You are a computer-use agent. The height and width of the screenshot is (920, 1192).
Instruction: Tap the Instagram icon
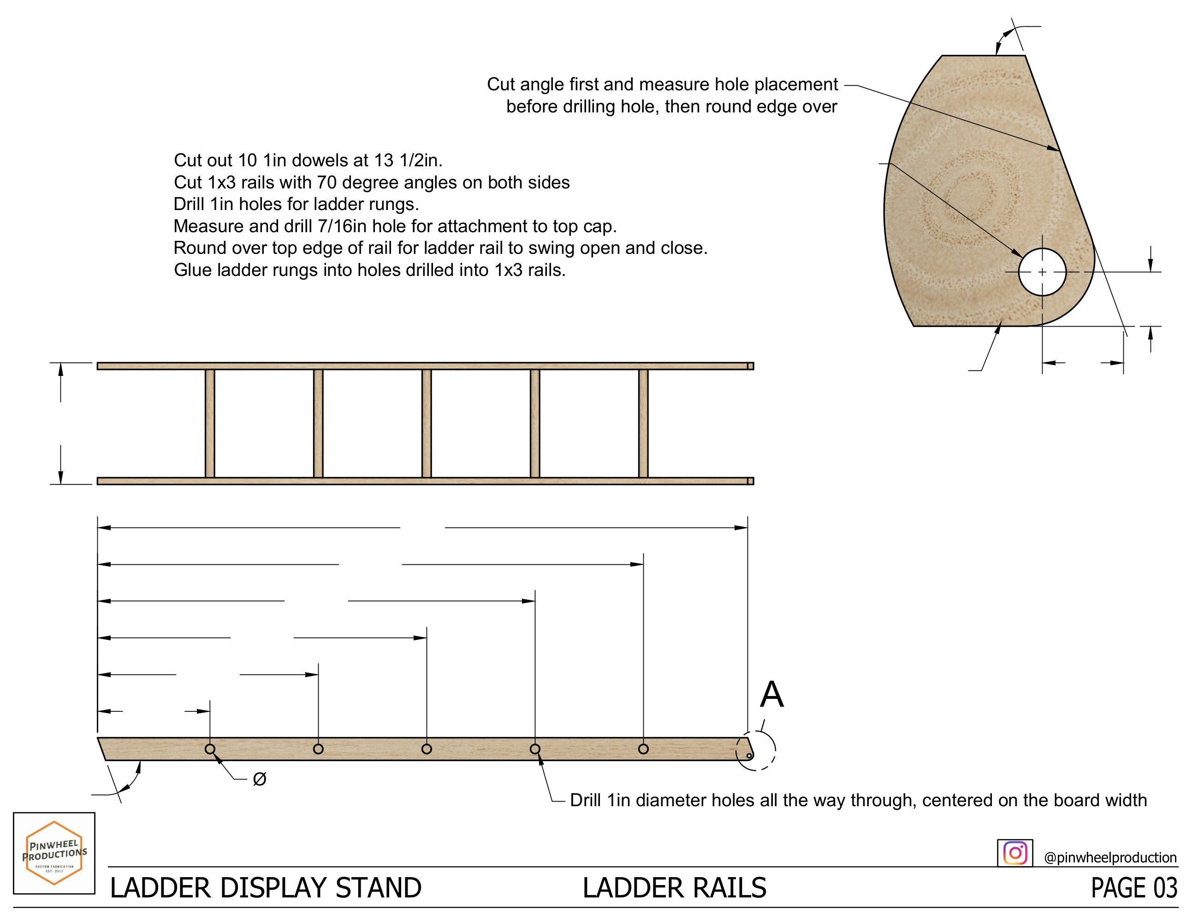[x=1014, y=852]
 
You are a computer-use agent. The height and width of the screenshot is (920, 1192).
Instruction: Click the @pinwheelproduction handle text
[x=1109, y=857]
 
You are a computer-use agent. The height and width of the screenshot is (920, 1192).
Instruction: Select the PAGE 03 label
[x=1133, y=888]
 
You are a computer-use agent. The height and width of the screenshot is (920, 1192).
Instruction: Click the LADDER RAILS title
[x=674, y=888]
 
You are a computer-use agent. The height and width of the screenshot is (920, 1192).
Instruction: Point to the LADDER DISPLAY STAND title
[x=266, y=888]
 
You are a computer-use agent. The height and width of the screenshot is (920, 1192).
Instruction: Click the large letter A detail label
[x=772, y=695]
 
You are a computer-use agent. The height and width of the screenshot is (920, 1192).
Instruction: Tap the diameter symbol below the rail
[x=260, y=779]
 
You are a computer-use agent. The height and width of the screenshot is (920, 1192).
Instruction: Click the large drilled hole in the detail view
[x=1042, y=272]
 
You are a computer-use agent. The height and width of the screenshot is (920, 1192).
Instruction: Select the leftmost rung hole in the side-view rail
[x=210, y=749]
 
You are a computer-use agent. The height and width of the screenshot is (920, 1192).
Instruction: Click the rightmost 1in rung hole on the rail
[x=643, y=749]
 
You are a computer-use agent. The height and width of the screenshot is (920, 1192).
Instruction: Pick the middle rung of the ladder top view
[x=427, y=423]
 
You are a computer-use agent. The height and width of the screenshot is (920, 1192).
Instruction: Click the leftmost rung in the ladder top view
[x=210, y=423]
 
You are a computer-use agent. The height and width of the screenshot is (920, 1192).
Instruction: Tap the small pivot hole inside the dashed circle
[x=749, y=756]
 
